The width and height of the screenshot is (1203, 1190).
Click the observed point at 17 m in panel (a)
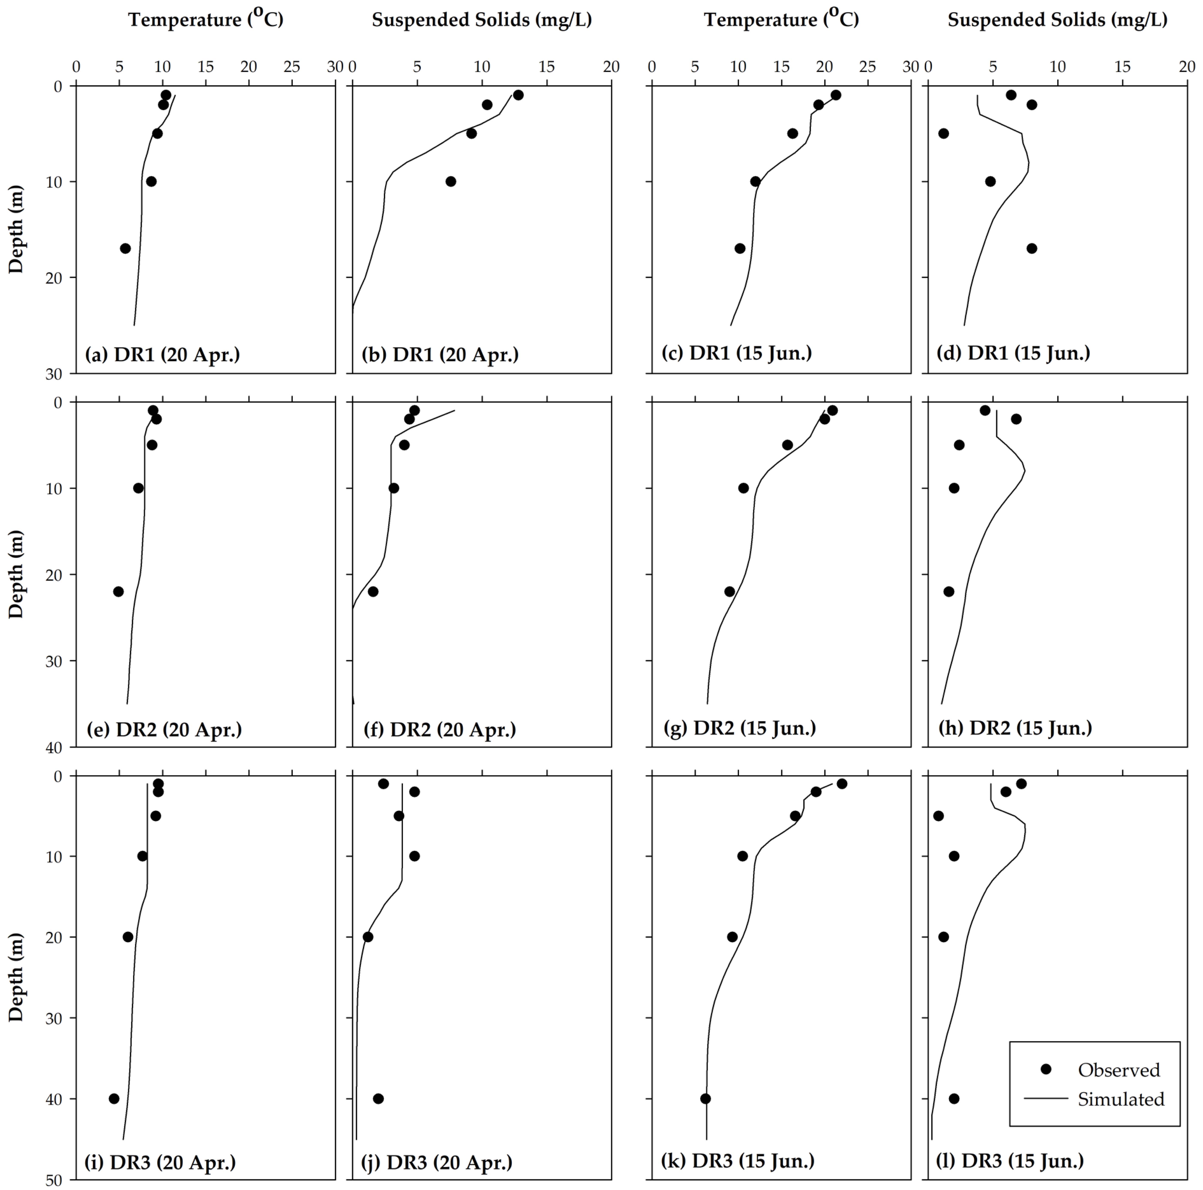[x=125, y=248]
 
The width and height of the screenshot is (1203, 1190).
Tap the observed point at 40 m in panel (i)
[x=114, y=1099]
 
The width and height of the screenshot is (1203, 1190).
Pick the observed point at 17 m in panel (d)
[x=1032, y=248]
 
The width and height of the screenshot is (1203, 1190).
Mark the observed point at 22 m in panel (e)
[x=118, y=591]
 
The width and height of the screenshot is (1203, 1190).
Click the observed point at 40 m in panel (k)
[x=706, y=1099]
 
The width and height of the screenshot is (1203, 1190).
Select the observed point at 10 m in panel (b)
[x=451, y=181]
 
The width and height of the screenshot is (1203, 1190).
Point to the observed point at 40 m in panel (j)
[x=378, y=1099]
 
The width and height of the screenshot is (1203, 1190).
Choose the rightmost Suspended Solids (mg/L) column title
[x=1057, y=20]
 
